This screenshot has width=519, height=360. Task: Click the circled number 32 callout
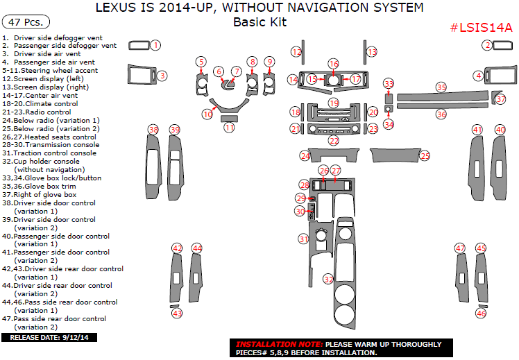pos(328,279)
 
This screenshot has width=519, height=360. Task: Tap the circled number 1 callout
pos(156,45)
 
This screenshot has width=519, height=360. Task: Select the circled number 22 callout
pos(334,141)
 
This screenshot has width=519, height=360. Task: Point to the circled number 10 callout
pos(207,114)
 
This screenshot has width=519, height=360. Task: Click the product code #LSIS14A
pos(481,28)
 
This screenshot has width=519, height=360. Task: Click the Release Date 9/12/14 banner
pos(50,338)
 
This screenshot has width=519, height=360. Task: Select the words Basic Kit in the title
pos(259,22)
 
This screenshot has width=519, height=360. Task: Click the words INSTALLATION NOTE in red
pos(278,345)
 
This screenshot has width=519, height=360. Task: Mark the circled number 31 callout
pos(303,239)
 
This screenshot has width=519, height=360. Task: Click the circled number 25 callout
pos(425,156)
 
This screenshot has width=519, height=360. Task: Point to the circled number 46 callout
pos(481,314)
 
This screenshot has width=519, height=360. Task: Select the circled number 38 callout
pos(153,130)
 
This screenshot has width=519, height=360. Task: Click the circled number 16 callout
pos(334,63)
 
